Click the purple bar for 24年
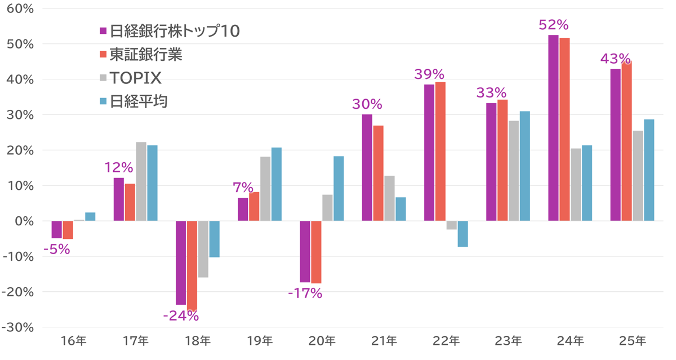553,128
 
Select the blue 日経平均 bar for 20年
339,189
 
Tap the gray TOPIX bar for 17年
141,181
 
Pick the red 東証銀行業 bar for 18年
192,265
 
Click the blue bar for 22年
462,234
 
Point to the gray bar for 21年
389,198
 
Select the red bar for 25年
626,141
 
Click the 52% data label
554,25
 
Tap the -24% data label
181,316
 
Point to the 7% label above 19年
244,187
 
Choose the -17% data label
306,293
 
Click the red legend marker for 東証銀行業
103,55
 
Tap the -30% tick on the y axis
19,327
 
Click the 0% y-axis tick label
25,221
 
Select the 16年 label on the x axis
73,341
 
